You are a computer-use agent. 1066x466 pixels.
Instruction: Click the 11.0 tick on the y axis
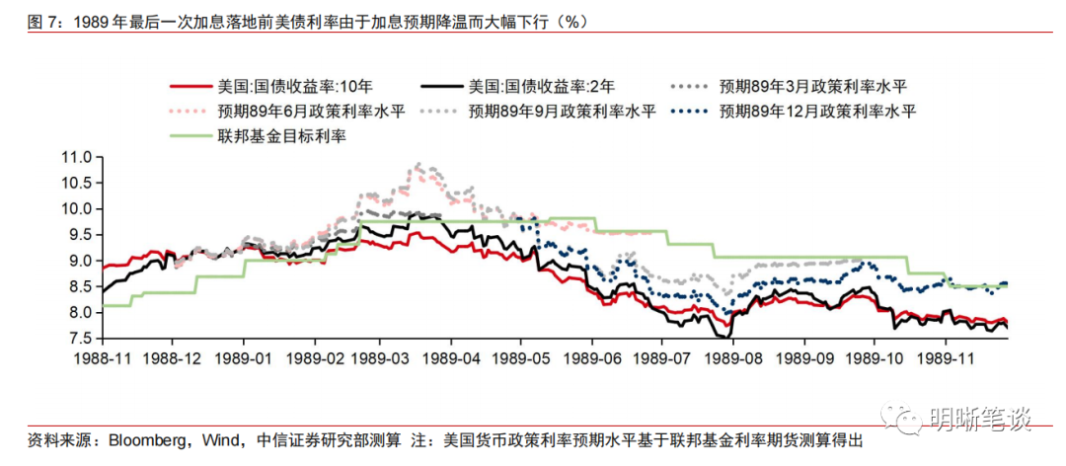tap(76, 157)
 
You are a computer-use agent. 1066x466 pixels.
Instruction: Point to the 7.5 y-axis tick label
tap(80, 339)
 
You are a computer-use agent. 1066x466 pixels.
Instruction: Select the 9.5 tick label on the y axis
tap(80, 235)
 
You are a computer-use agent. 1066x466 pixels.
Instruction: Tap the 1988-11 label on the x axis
tap(102, 359)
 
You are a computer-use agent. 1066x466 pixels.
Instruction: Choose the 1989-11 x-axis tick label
tap(945, 359)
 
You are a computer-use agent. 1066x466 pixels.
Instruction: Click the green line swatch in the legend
tap(192, 136)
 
